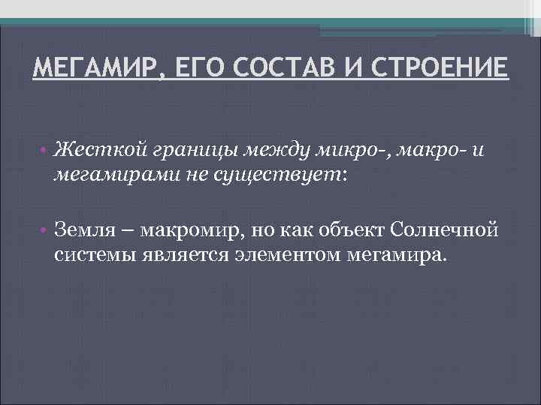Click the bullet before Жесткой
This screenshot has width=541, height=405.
pyautogui.click(x=46, y=150)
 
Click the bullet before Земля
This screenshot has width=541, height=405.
pyautogui.click(x=46, y=229)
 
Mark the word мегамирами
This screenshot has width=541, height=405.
pyautogui.click(x=114, y=175)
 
